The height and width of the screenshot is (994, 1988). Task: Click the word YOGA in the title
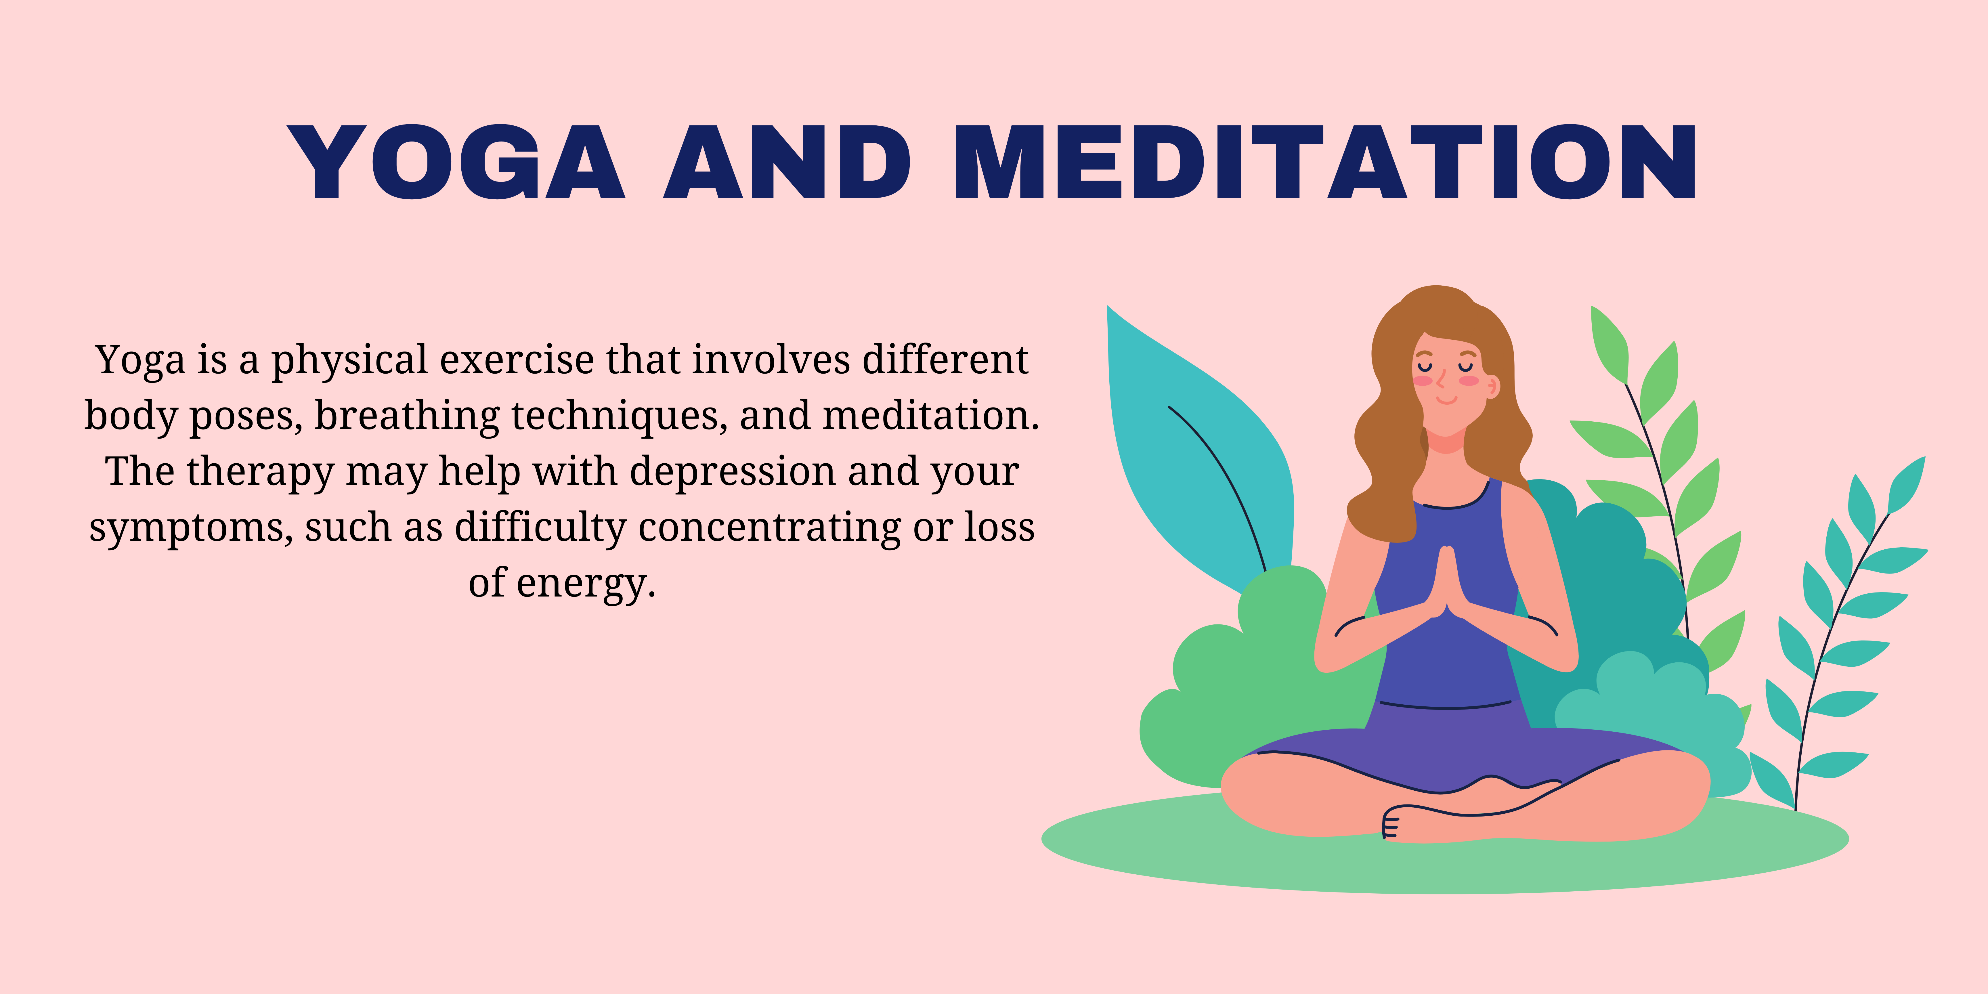pyautogui.click(x=455, y=162)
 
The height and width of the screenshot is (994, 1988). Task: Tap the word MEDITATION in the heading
pyautogui.click(x=1325, y=162)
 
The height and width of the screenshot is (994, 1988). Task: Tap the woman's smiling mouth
pyautogui.click(x=1446, y=401)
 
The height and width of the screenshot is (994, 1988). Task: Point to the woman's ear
pyautogui.click(x=1492, y=386)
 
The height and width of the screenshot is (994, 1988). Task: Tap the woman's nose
pyautogui.click(x=1440, y=380)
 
